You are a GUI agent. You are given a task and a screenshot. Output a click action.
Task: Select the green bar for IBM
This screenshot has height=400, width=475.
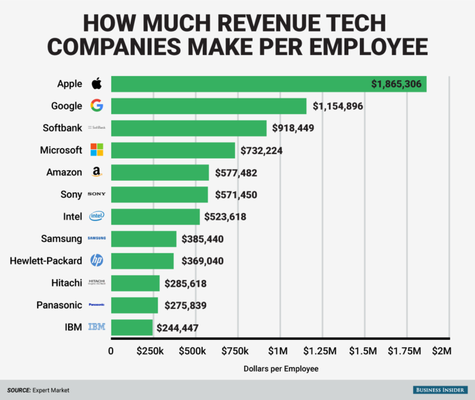132,328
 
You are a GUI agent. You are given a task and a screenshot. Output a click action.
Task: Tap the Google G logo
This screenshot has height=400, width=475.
96,105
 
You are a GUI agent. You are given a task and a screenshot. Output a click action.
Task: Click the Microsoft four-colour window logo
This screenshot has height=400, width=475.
97,150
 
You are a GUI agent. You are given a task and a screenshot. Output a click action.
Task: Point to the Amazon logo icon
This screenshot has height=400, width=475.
96,172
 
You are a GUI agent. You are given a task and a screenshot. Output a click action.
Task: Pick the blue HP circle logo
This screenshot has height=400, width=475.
96,260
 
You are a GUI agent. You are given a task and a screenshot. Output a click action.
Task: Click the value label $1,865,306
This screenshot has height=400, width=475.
397,84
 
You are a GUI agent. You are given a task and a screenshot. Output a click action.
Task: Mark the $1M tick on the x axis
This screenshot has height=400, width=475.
278,352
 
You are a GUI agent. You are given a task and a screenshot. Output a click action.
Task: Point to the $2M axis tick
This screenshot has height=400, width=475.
441,352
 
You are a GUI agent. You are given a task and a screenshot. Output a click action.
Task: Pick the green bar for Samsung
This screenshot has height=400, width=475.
143,238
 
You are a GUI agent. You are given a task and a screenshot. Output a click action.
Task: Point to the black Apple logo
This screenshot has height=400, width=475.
96,84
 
